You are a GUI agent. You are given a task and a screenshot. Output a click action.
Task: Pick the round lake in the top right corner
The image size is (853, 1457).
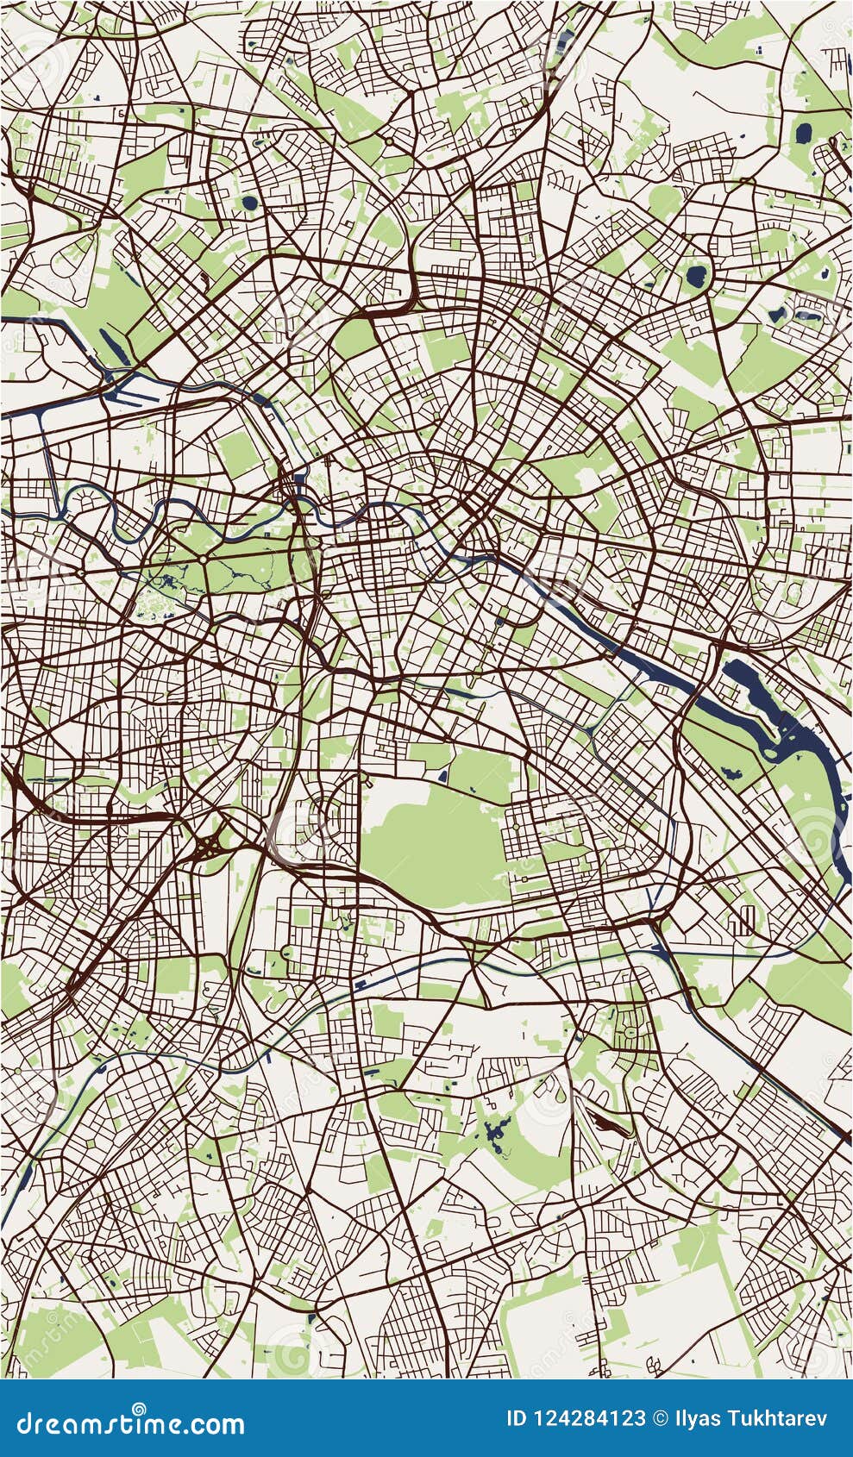tap(803, 134)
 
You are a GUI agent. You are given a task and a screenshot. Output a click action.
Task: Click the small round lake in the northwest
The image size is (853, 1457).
tap(250, 204)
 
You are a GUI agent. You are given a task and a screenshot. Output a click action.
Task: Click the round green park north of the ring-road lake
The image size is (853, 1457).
tap(664, 202)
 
